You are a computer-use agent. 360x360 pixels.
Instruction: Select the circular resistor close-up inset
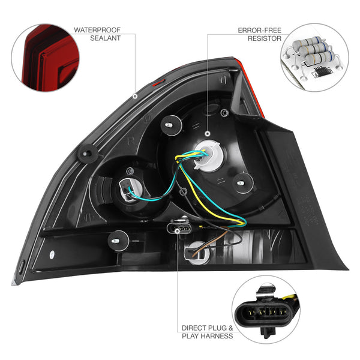point(314,57)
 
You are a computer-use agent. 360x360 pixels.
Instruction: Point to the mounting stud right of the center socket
point(241,181)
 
